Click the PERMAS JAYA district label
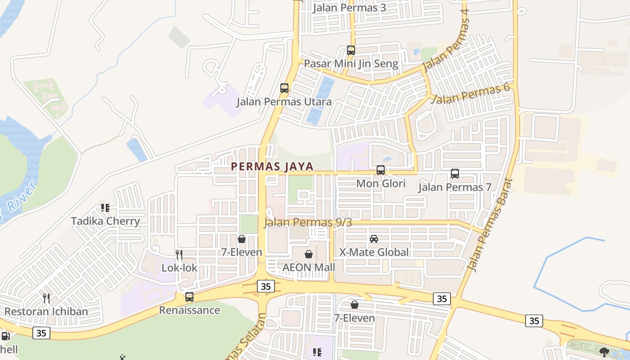(x=272, y=166)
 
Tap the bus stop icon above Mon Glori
(x=381, y=170)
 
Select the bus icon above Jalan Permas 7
(x=455, y=173)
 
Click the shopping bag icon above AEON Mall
(x=309, y=254)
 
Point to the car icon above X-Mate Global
(x=374, y=239)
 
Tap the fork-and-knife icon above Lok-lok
(x=179, y=255)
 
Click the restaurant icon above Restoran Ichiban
(x=46, y=298)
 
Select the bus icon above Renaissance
(x=189, y=297)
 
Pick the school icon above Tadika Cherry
(x=105, y=208)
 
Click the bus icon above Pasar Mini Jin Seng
(x=351, y=50)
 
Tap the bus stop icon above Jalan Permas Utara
(x=284, y=88)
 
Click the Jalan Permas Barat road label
(x=490, y=225)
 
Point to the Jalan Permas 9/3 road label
(x=308, y=222)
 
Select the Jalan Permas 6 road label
(x=470, y=93)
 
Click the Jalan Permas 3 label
(x=350, y=8)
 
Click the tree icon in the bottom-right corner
(x=604, y=351)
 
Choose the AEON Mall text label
(x=309, y=267)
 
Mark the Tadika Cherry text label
(x=106, y=221)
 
